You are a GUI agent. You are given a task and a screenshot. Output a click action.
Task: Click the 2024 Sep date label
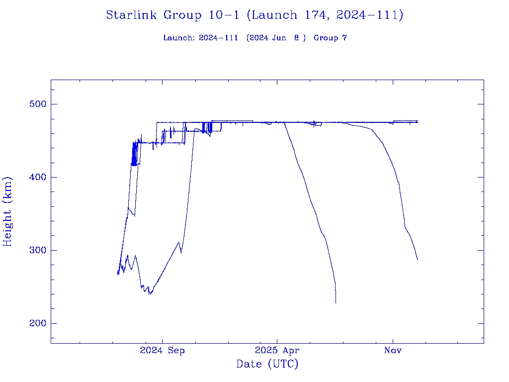click(x=162, y=351)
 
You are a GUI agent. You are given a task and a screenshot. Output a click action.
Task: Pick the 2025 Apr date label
click(x=277, y=351)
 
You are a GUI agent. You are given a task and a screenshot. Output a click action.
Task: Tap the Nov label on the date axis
click(x=393, y=351)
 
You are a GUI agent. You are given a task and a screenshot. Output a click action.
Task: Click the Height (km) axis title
click(x=8, y=211)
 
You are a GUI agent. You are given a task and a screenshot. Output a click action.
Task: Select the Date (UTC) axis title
click(x=267, y=365)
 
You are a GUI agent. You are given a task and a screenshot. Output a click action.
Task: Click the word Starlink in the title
click(x=132, y=15)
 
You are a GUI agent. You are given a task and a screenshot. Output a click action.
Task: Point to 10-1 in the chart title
click(x=224, y=15)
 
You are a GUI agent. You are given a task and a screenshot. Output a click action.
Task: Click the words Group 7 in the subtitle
click(x=330, y=38)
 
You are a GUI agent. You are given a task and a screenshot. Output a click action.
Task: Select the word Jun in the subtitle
click(x=279, y=38)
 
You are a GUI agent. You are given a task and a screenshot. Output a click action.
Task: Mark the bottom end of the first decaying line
click(x=336, y=302)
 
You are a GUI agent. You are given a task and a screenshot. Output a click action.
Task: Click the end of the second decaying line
click(x=418, y=260)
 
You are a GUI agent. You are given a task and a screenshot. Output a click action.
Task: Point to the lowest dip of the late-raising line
click(x=150, y=294)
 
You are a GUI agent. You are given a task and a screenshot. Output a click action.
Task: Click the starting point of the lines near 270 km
click(x=118, y=273)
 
